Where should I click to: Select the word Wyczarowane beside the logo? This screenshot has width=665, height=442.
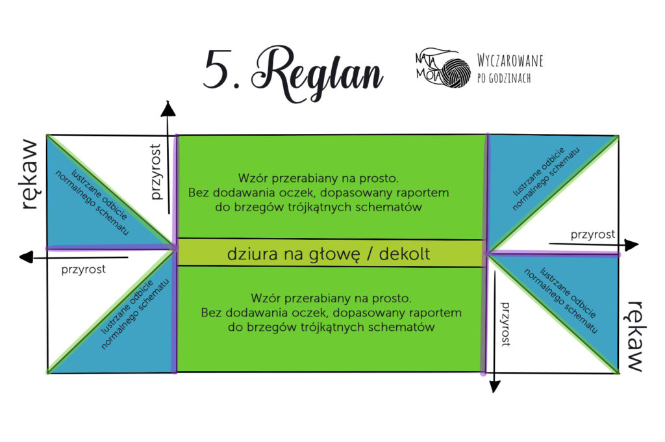point(510,60)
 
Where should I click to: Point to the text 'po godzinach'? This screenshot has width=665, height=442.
point(504,78)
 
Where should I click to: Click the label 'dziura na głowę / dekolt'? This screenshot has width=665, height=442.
point(329,254)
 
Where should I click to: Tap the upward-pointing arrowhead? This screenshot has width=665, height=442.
point(168,109)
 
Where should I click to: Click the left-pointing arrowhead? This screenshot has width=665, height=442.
point(26,257)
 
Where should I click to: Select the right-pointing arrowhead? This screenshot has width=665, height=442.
point(631,245)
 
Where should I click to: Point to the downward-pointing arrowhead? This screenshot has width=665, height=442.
point(494,386)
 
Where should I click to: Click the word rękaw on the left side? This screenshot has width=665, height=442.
point(30,174)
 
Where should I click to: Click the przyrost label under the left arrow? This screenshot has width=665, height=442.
point(84,270)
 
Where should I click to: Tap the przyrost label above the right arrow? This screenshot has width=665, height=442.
point(592,235)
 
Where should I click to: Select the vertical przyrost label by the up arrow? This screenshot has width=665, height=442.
point(156,172)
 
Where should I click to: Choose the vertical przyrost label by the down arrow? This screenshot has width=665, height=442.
point(505,324)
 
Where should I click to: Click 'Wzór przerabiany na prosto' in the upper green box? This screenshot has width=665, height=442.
point(318,178)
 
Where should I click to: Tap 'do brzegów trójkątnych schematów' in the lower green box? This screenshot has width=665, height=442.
point(331,328)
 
